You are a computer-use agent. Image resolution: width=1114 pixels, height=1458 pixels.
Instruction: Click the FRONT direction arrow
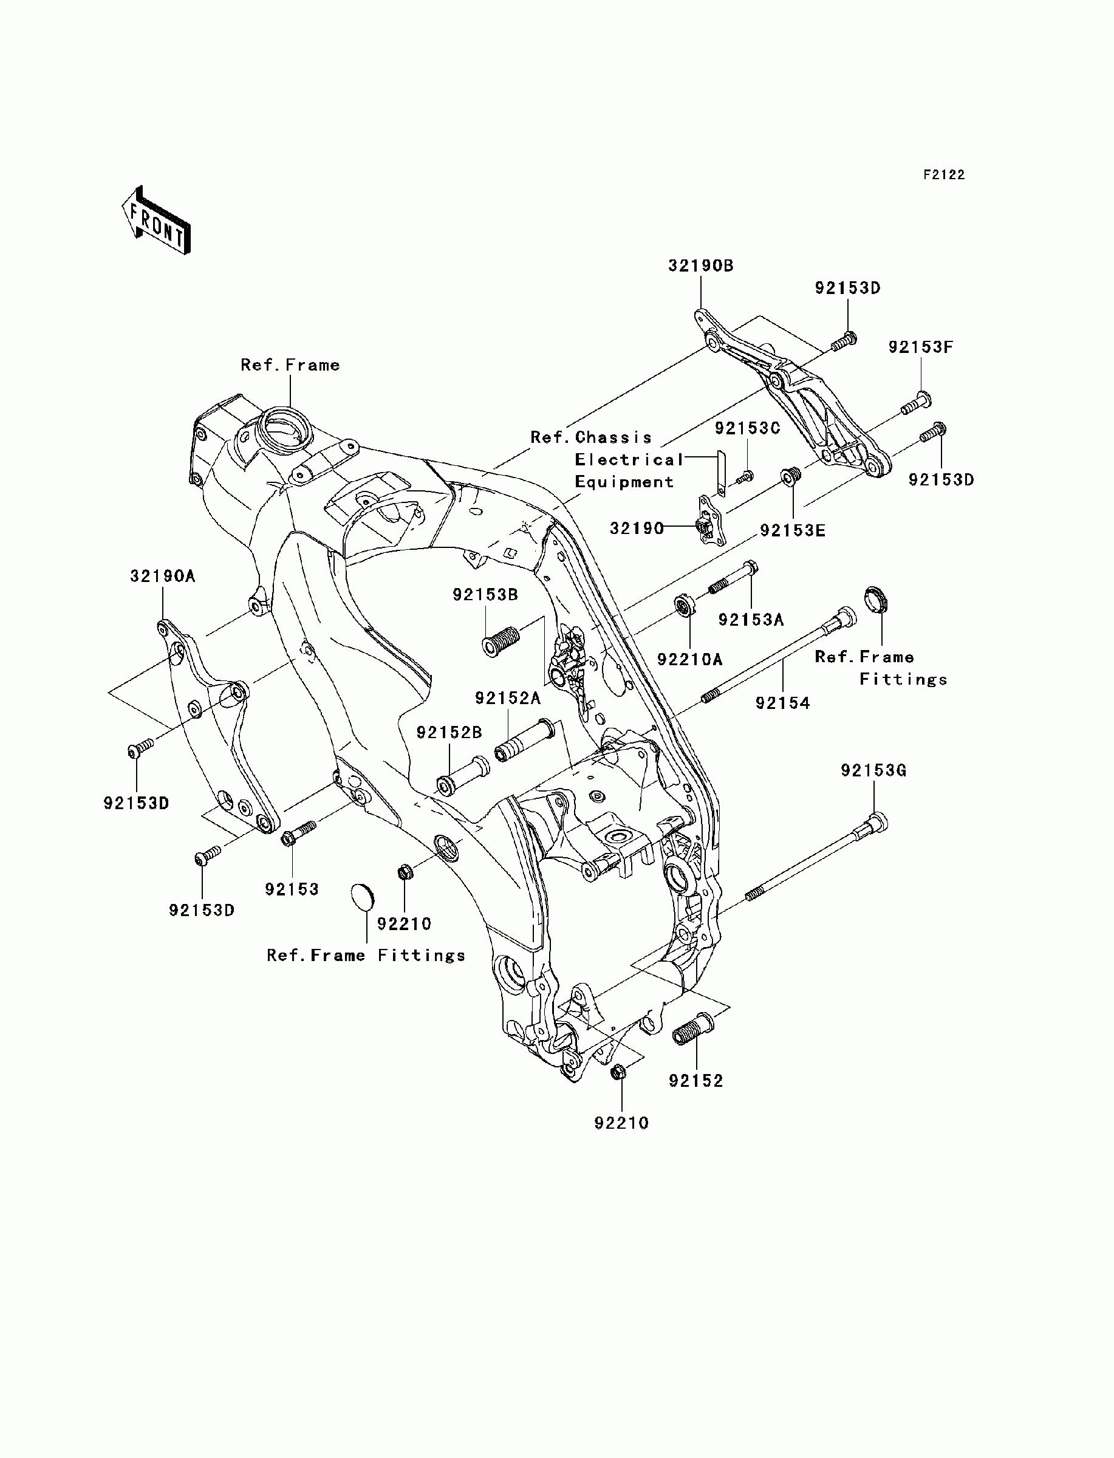pyautogui.click(x=157, y=220)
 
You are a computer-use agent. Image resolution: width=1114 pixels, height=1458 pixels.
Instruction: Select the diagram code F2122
pyautogui.click(x=945, y=175)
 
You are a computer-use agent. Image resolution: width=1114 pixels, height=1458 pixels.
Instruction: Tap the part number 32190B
pyautogui.click(x=701, y=266)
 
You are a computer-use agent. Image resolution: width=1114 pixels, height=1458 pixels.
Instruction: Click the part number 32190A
pyautogui.click(x=162, y=576)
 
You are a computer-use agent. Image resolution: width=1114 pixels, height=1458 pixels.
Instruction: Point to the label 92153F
pyautogui.click(x=920, y=347)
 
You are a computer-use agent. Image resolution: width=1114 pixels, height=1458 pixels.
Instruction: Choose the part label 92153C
pyautogui.click(x=747, y=428)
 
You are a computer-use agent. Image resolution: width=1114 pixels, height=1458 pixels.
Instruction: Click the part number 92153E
pyautogui.click(x=793, y=530)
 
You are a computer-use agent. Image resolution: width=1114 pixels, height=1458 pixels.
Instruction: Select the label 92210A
pyautogui.click(x=689, y=659)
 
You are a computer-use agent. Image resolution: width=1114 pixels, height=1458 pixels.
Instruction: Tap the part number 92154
pyautogui.click(x=782, y=703)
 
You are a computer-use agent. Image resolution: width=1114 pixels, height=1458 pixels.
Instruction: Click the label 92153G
pyautogui.click(x=874, y=770)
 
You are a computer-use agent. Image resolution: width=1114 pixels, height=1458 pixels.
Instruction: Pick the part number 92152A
pyautogui.click(x=508, y=697)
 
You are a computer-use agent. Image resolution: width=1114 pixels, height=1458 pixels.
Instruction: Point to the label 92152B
pyautogui.click(x=449, y=733)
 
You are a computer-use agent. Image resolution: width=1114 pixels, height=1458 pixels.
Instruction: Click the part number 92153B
pyautogui.click(x=485, y=595)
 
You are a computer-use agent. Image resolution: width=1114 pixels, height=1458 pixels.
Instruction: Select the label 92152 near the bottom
pyautogui.click(x=695, y=1081)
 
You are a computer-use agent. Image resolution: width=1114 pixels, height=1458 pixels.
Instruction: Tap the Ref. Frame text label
pyautogui.click(x=290, y=364)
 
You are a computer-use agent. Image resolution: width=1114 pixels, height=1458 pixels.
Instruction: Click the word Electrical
pyautogui.click(x=629, y=459)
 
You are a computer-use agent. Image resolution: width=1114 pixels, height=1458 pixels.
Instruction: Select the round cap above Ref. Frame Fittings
pyautogui.click(x=362, y=898)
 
